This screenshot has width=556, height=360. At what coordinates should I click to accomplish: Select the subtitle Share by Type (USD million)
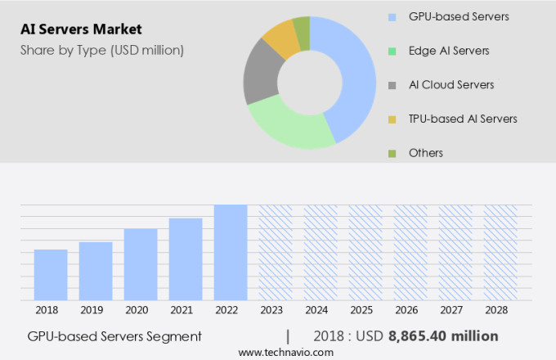101,50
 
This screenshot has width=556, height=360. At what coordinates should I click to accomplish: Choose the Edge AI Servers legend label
449,51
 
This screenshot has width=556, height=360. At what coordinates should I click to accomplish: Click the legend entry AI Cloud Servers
451,85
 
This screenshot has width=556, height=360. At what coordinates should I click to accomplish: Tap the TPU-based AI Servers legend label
463,119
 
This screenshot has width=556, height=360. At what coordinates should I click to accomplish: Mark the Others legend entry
426,153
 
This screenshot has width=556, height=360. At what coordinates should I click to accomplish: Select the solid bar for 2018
51,275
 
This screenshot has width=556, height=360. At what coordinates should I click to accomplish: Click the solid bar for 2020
141,264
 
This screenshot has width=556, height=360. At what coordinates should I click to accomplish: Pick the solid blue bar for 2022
231,252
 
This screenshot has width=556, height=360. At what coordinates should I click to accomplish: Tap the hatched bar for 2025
365,252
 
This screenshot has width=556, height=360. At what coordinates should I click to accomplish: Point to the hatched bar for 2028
500,252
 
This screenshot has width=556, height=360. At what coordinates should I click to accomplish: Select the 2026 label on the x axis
410,310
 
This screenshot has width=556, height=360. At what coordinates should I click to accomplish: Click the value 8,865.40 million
442,336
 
